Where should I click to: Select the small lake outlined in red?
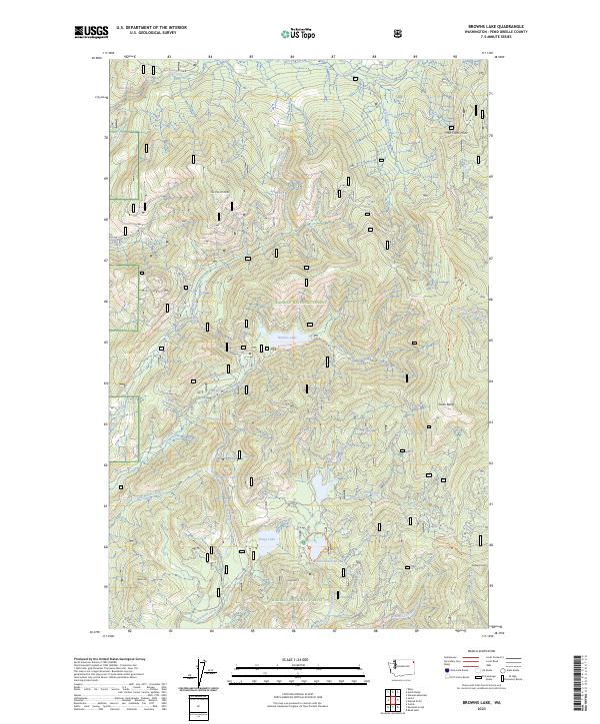(x=315, y=548)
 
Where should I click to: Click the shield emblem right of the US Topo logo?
(x=400, y=33)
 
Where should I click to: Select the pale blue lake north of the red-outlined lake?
(x=319, y=486)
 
